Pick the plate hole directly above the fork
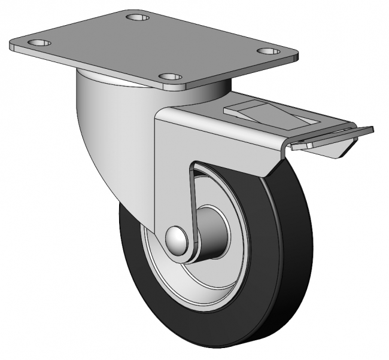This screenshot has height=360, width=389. pos(171,77)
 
